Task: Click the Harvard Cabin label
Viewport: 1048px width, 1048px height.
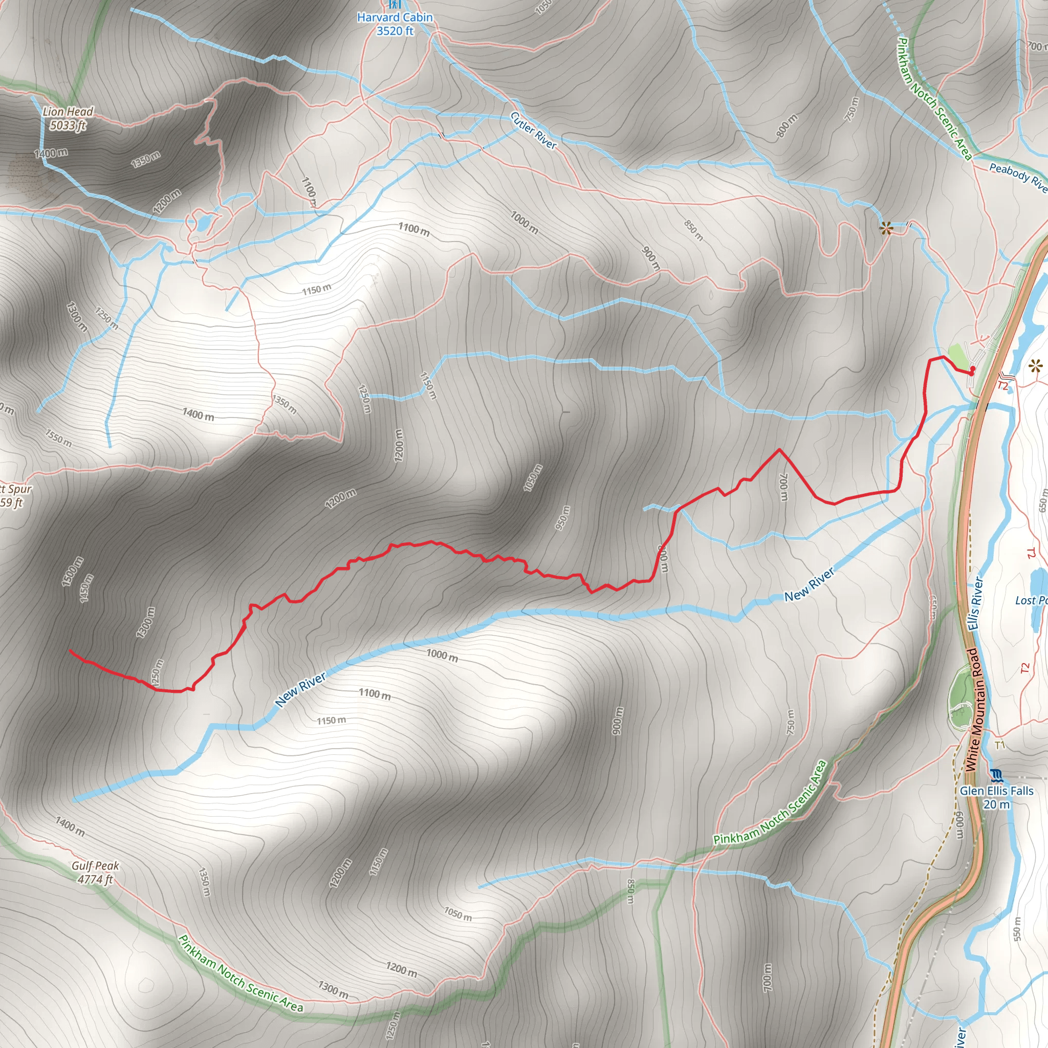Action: (x=395, y=24)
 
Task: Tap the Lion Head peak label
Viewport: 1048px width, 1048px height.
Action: (x=68, y=118)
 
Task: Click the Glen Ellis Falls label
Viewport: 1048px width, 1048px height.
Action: (x=996, y=797)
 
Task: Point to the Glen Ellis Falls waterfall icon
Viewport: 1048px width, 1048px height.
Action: (x=996, y=775)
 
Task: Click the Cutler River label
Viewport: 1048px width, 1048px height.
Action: (x=533, y=130)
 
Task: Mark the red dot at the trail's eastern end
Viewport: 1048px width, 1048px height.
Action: (x=973, y=369)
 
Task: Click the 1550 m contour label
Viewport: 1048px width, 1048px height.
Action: (x=58, y=439)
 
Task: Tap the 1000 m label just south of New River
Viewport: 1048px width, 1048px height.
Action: (x=442, y=656)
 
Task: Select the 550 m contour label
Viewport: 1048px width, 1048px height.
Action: (x=1017, y=929)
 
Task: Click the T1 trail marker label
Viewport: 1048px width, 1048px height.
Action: (x=1000, y=745)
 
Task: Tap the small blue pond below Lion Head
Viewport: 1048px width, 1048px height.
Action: (x=204, y=223)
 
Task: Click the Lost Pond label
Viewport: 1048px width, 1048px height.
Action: (x=1030, y=600)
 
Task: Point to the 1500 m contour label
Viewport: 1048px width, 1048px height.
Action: (x=72, y=571)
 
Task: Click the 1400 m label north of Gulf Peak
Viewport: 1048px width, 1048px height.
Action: (x=70, y=826)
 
